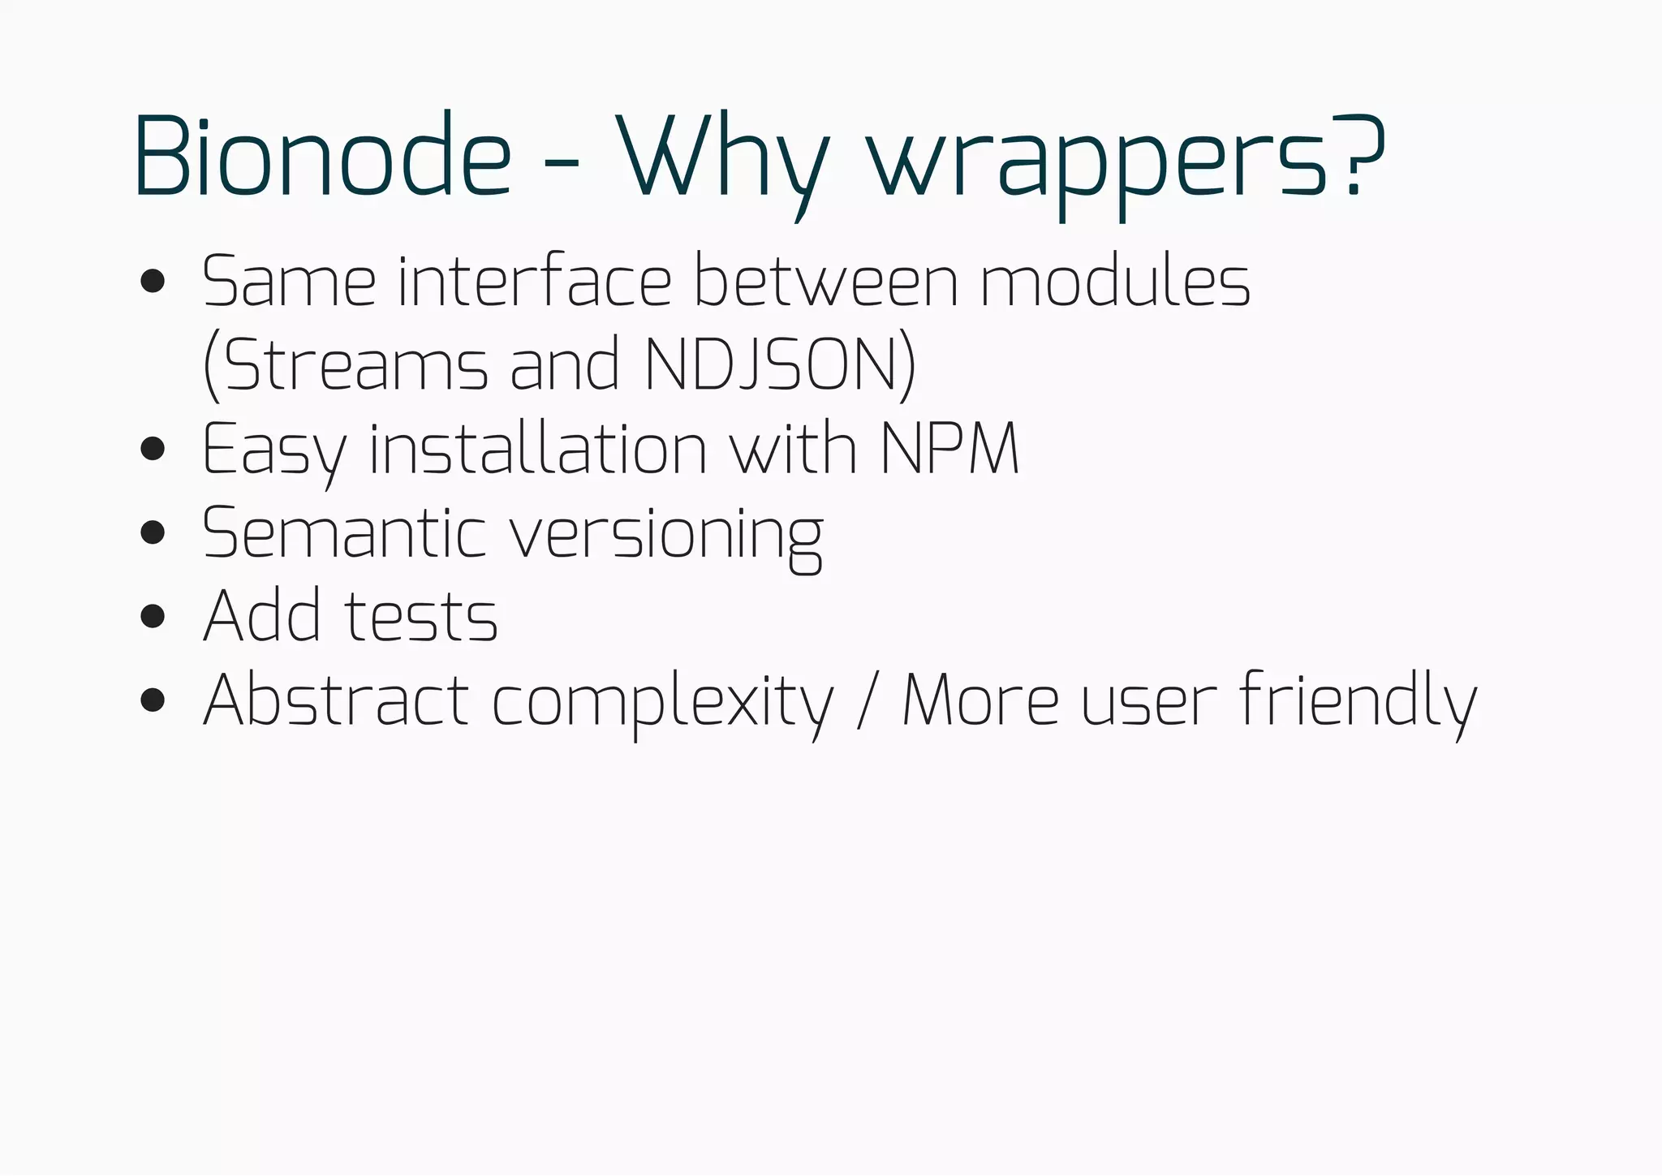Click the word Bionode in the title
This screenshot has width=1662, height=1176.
pyautogui.click(x=322, y=157)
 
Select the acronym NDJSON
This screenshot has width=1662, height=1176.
pyautogui.click(x=771, y=365)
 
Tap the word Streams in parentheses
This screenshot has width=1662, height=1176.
pyautogui.click(x=355, y=365)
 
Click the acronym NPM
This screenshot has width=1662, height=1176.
pyautogui.click(x=949, y=449)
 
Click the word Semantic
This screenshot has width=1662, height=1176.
pyautogui.click(x=344, y=533)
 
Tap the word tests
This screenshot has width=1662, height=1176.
pyautogui.click(x=421, y=617)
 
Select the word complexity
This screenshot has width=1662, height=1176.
pyautogui.click(x=662, y=703)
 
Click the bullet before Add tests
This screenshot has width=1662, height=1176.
pyautogui.click(x=153, y=616)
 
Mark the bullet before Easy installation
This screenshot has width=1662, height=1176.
pyautogui.click(x=153, y=448)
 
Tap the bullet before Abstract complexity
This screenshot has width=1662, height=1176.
pyautogui.click(x=153, y=700)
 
